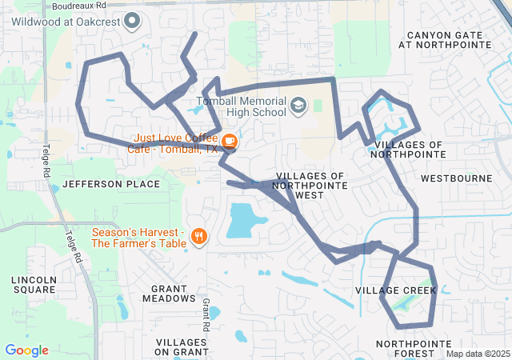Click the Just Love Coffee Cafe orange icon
(230, 142)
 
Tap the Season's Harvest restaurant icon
(199, 236)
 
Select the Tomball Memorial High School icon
(298, 106)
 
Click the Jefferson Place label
(111, 184)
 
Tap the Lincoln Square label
(34, 285)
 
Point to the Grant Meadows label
(168, 293)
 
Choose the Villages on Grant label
(180, 346)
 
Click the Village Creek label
(396, 290)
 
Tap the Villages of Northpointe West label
(310, 185)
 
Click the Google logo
(26, 350)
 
